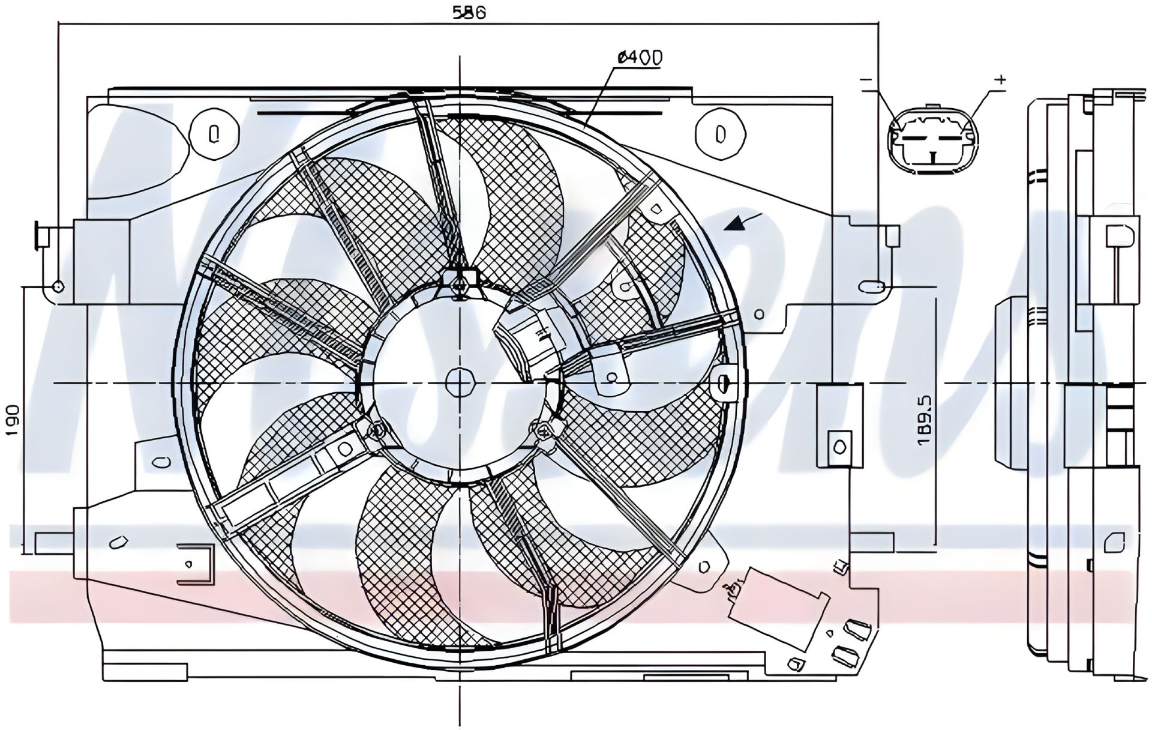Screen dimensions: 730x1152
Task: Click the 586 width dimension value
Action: (468, 12)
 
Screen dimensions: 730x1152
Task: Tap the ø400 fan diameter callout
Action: (640, 58)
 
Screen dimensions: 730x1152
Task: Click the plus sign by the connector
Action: (1000, 79)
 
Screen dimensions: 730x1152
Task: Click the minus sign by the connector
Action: (866, 80)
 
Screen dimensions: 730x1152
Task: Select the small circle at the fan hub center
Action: (460, 382)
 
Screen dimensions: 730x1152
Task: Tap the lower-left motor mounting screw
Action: (377, 429)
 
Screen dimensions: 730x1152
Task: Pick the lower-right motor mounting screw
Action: (542, 429)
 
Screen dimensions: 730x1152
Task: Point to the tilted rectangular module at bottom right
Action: (778, 608)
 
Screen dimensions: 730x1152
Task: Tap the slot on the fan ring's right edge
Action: (724, 382)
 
